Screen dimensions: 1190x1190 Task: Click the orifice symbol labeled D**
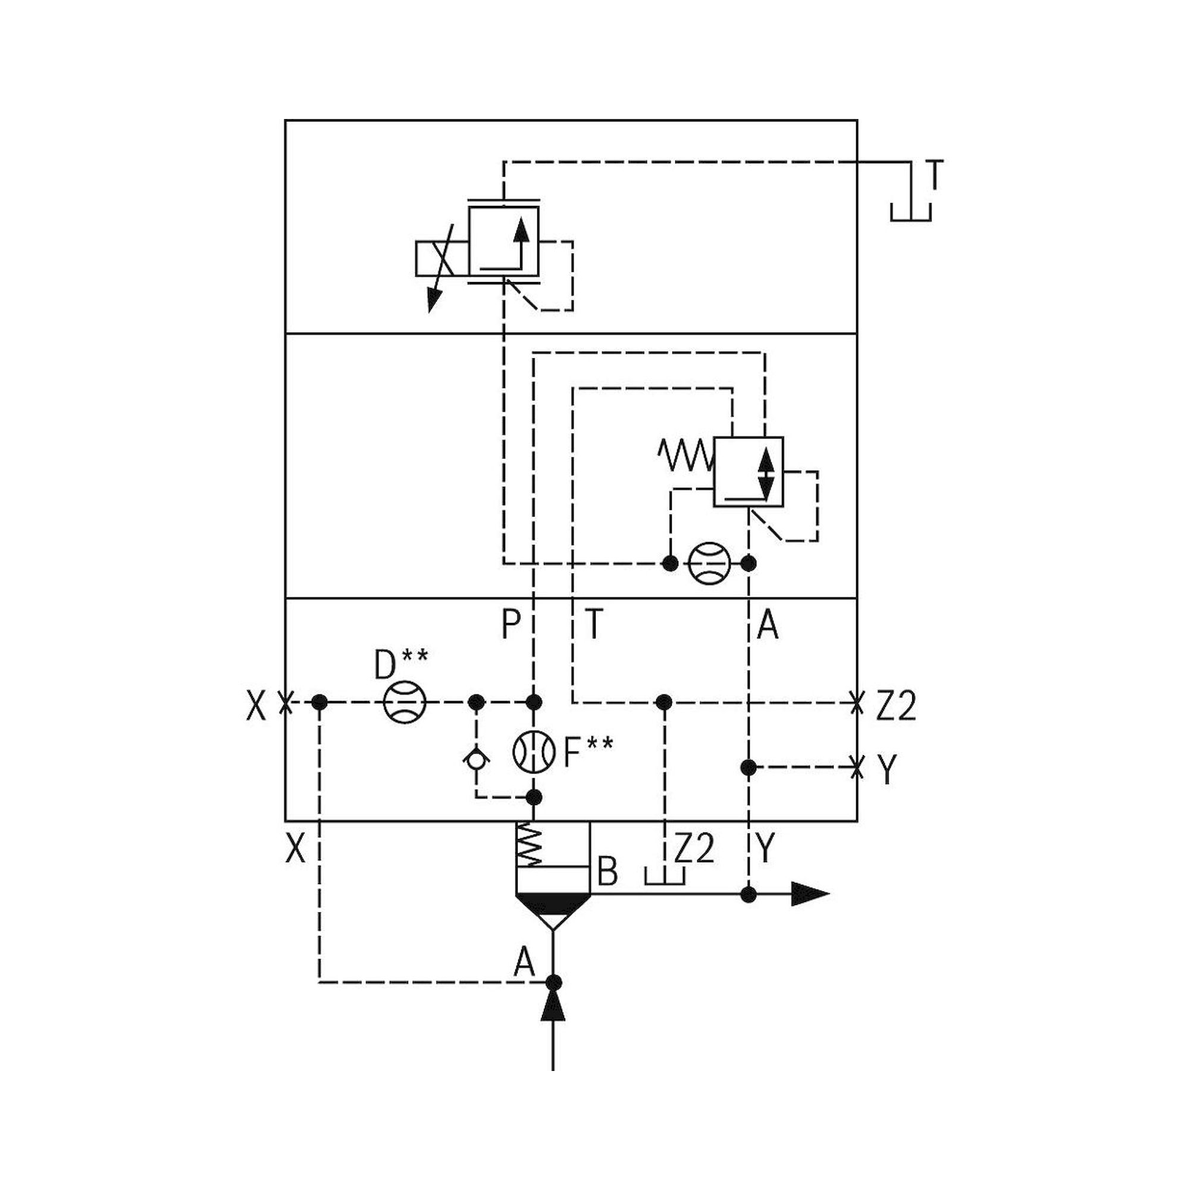405,702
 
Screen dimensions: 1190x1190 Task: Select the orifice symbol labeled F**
533,752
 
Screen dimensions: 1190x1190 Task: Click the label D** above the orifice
401,663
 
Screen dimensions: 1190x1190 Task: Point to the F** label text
588,752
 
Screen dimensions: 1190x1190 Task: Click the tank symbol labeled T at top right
910,210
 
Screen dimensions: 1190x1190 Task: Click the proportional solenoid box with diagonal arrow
442,259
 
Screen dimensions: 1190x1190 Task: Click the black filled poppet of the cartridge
553,903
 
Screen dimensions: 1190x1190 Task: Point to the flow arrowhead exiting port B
809,894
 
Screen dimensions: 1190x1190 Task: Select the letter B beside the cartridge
607,872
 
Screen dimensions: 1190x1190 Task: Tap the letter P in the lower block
511,626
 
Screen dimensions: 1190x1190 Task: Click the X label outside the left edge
256,706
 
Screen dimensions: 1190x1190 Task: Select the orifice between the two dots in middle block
710,563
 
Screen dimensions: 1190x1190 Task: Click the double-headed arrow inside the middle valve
766,474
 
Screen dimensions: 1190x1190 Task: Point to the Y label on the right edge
887,770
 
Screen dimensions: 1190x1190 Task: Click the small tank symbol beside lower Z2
664,877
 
